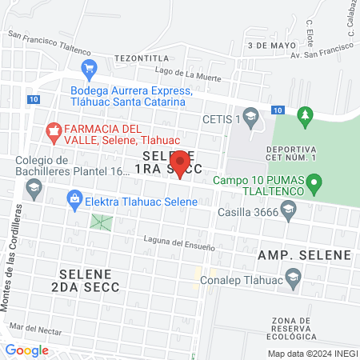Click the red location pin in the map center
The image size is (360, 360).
point(181,163)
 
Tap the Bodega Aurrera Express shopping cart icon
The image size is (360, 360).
point(89,70)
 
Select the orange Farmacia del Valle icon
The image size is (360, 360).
point(54,130)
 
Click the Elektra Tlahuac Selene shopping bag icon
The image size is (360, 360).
point(74,197)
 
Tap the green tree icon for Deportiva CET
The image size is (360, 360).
point(303,117)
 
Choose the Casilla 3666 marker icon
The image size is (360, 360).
point(289,210)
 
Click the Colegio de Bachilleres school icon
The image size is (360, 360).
point(34,188)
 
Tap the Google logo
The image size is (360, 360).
point(26,350)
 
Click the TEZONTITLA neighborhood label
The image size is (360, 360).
point(142,58)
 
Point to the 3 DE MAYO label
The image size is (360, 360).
point(266,46)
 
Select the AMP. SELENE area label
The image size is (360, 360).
point(304,254)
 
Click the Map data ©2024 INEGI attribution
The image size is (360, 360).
point(311,354)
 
